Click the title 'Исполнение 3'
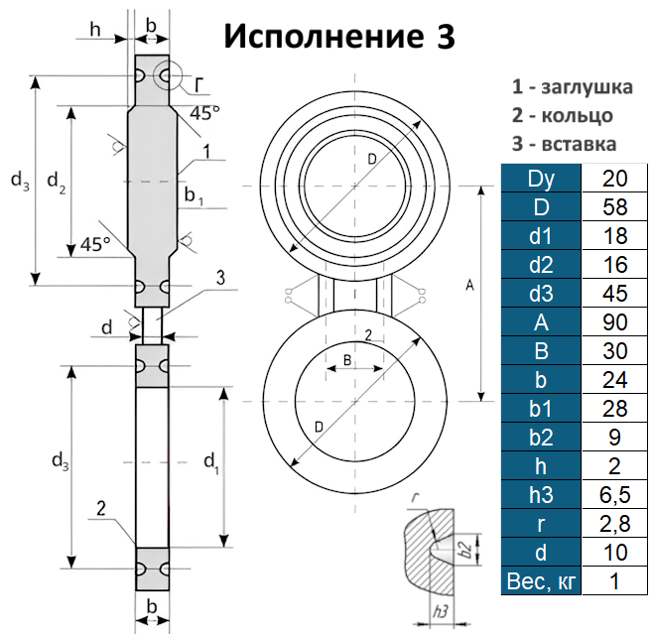[x=339, y=36]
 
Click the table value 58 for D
[x=615, y=207]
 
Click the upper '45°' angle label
[x=204, y=113]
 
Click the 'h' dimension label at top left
[x=94, y=29]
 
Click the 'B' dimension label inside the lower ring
[x=347, y=358]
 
